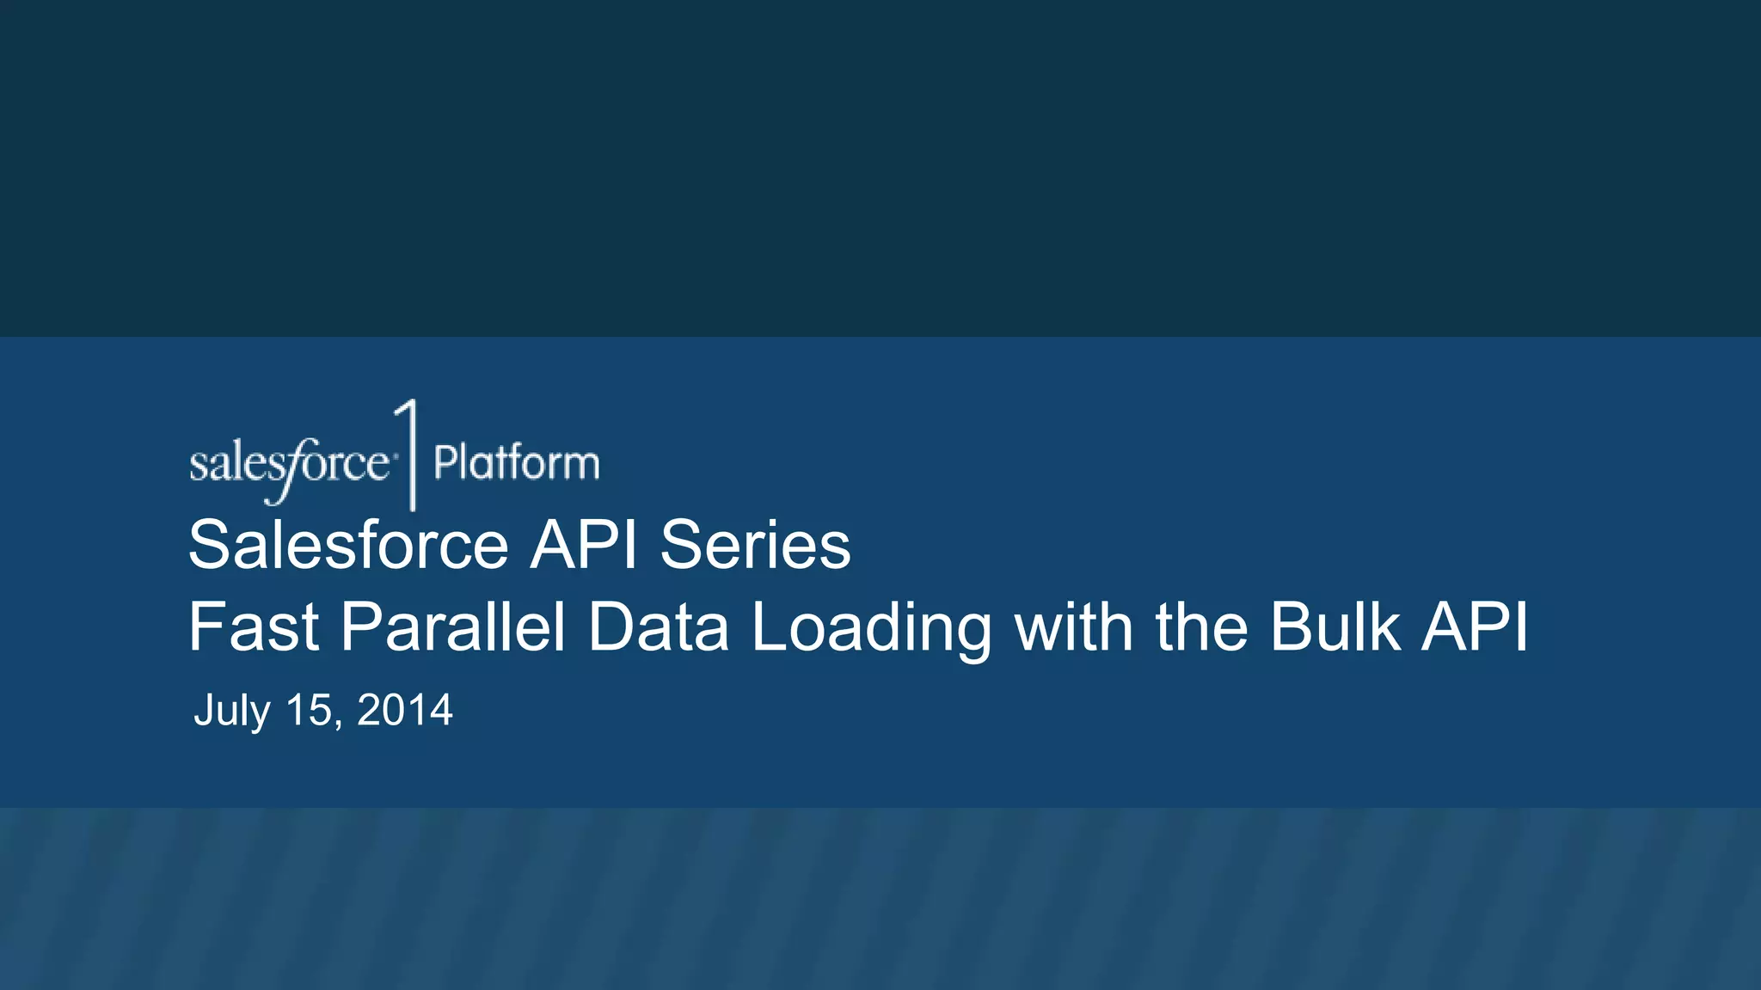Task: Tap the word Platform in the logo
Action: click(516, 463)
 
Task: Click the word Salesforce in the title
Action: click(348, 545)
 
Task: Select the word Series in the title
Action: click(755, 545)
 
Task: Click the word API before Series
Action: click(583, 545)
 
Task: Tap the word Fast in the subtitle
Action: click(254, 627)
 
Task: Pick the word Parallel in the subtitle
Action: click(453, 627)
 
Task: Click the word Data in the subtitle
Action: click(658, 627)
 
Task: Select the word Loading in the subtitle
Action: click(871, 627)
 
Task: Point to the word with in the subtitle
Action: click(1073, 627)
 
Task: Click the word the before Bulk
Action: click(1201, 627)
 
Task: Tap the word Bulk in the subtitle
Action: click(1335, 627)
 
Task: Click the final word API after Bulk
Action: click(1475, 627)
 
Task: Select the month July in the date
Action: click(232, 711)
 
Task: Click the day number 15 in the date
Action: click(308, 711)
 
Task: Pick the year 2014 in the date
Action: click(404, 711)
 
